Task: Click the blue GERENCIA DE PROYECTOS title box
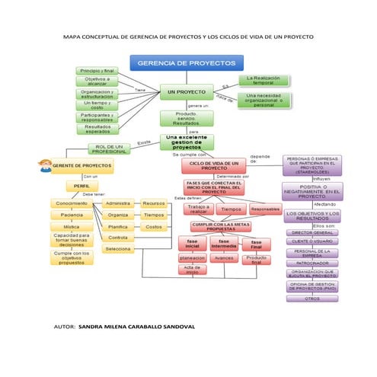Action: tap(187, 64)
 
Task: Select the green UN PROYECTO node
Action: tap(186, 92)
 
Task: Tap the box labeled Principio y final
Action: tap(97, 70)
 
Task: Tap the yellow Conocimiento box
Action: tap(72, 203)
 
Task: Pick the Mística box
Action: tap(72, 226)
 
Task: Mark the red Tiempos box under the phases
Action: tap(231, 209)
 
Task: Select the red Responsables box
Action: tap(265, 209)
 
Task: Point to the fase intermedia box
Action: tap(223, 244)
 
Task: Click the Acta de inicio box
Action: tap(192, 269)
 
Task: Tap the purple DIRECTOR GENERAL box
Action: tap(312, 232)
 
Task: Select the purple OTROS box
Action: tap(312, 299)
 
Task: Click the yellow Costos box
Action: tap(153, 226)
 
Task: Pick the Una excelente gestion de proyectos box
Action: tap(187, 142)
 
